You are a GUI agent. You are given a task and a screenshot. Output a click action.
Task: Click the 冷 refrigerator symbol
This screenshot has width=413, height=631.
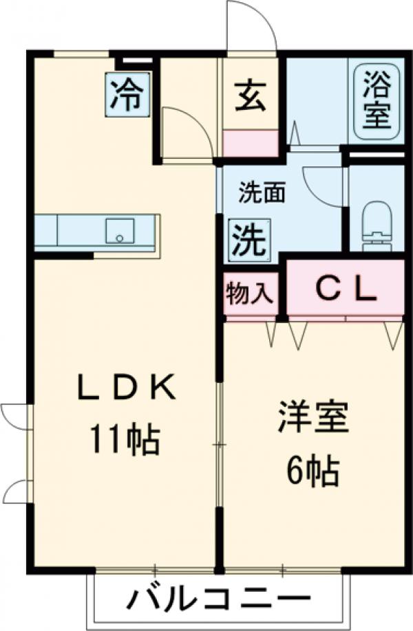[127, 96]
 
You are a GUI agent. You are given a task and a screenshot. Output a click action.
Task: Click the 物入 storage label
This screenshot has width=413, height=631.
[250, 292]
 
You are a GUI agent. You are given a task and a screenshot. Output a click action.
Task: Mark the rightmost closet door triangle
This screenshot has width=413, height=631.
[394, 334]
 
